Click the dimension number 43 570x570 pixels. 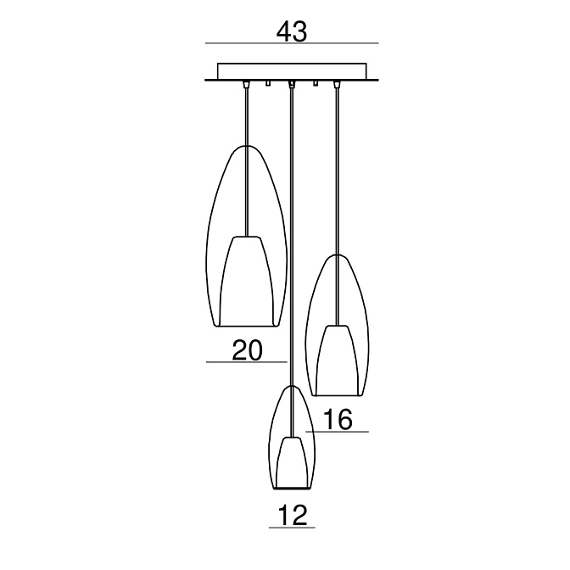pyautogui.click(x=292, y=31)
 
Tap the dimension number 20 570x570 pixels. pyautogui.click(x=247, y=350)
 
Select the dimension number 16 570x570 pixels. pyautogui.click(x=338, y=419)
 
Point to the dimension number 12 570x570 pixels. pyautogui.click(x=293, y=515)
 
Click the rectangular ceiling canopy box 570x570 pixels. pyautogui.click(x=292, y=71)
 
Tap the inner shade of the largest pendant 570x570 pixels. pyautogui.click(x=247, y=281)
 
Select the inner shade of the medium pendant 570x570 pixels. pyautogui.click(x=338, y=360)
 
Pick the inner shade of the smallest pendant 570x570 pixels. pyautogui.click(x=293, y=462)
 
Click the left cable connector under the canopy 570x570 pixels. pyautogui.click(x=247, y=85)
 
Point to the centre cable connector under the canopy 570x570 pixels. pyautogui.click(x=292, y=85)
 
